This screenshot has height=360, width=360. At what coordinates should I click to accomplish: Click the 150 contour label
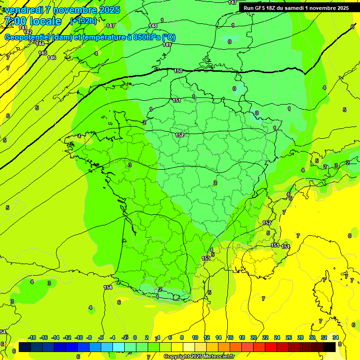tap(178, 71)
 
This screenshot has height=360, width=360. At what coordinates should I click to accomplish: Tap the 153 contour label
tap(206, 258)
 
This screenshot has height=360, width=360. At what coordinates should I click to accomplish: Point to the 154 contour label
tap(108, 287)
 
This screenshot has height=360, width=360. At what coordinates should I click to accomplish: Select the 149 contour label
tap(167, 45)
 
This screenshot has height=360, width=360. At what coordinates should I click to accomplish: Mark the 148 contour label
tap(153, 26)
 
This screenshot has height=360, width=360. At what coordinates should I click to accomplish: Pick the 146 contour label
tap(52, 58)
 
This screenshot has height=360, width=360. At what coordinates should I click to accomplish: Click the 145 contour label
tap(43, 53)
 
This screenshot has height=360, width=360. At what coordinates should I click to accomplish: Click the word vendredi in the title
tap(24, 10)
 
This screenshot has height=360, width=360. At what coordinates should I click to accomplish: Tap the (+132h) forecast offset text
tap(83, 21)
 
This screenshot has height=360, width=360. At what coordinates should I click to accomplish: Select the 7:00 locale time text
tap(32, 21)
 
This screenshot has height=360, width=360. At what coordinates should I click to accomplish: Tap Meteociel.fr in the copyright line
tap(218, 357)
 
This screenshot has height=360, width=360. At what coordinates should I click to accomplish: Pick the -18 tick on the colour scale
tap(32, 337)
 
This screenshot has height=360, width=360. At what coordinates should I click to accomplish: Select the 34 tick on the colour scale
tap(335, 337)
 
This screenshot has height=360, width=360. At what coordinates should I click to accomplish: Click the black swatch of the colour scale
tap(330, 347)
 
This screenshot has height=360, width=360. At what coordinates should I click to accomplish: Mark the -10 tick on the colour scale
tap(78, 337)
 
